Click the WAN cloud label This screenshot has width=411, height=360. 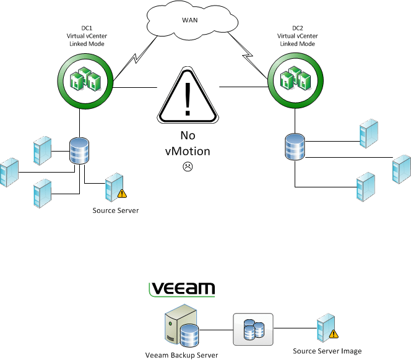(190, 20)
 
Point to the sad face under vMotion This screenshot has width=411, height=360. (186, 166)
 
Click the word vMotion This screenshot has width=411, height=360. (186, 150)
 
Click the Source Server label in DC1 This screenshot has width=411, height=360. (116, 210)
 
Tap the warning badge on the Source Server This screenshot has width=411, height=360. (123, 193)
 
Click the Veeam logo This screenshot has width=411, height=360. (182, 289)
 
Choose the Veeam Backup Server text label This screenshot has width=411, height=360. (182, 354)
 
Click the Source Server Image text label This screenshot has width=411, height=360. (327, 351)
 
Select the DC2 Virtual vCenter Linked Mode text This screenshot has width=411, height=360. (294, 36)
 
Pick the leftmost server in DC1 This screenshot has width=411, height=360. (9, 173)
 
